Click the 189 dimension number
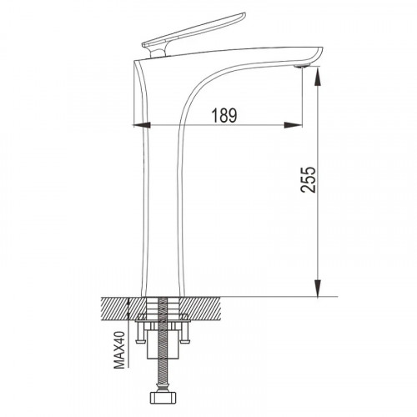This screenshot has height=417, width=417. coord(224,115)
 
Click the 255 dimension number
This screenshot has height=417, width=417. coord(309,180)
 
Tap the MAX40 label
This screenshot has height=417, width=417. coord(120,349)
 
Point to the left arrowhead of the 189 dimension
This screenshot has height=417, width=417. coord(142,125)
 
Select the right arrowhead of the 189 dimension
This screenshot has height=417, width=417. coord(293,125)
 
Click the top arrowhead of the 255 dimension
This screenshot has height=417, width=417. coord(318,76)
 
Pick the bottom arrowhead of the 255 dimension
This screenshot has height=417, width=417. coord(318,288)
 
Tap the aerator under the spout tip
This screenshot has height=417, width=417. coord(302,66)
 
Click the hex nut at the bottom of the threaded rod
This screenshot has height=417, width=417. coord(162,398)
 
